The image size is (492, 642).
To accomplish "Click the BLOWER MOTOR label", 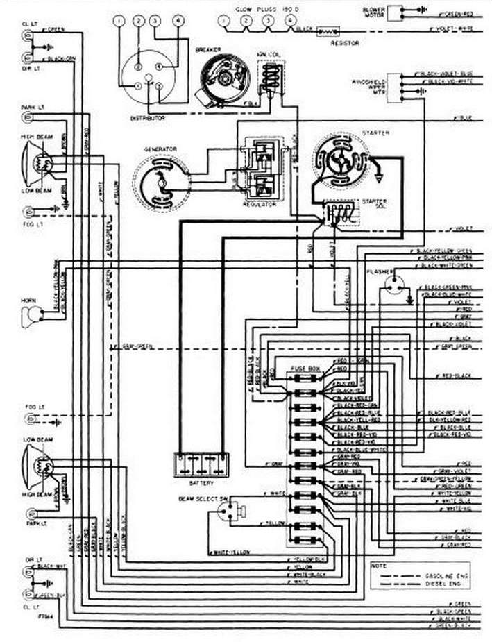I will [x=374, y=12].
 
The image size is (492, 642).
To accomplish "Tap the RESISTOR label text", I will [x=344, y=43].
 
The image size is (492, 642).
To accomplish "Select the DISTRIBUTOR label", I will [x=148, y=119].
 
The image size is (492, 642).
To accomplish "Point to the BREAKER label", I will [x=208, y=50].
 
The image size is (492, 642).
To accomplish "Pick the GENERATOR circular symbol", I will [x=161, y=183].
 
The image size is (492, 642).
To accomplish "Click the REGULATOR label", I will [x=259, y=205].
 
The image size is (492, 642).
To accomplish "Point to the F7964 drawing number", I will [x=30, y=615].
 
